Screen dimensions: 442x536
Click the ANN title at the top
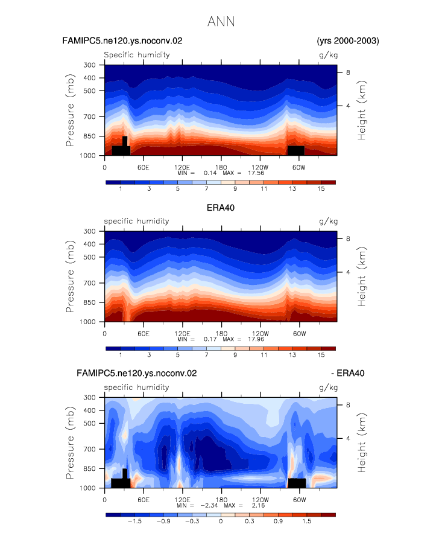[x=221, y=22]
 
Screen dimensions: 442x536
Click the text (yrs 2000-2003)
[x=348, y=41]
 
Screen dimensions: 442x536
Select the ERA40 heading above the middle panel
[x=221, y=208]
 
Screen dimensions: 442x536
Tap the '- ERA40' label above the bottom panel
[x=348, y=373]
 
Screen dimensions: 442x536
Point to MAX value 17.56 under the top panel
[x=256, y=173]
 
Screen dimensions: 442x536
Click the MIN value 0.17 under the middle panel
[x=210, y=339]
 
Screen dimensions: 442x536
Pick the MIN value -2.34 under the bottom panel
[x=209, y=505]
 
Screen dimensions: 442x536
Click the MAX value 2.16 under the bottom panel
[x=258, y=505]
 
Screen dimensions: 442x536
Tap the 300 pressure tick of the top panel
[x=89, y=65]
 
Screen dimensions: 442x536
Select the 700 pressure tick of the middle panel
[x=89, y=283]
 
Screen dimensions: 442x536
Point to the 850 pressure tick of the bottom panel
[x=89, y=468]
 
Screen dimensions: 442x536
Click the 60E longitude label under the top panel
[x=144, y=168]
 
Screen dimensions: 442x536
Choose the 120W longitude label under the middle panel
[x=260, y=334]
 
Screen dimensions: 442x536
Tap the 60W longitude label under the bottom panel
[x=299, y=500]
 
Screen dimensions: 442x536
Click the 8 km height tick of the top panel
[x=348, y=72]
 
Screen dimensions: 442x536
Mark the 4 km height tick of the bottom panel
[x=348, y=438]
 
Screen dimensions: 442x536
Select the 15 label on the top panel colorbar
[x=321, y=189]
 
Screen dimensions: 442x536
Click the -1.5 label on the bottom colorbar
[x=134, y=522]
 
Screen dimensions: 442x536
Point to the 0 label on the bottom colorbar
[x=221, y=522]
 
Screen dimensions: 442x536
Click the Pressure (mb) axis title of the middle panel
[x=70, y=276]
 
